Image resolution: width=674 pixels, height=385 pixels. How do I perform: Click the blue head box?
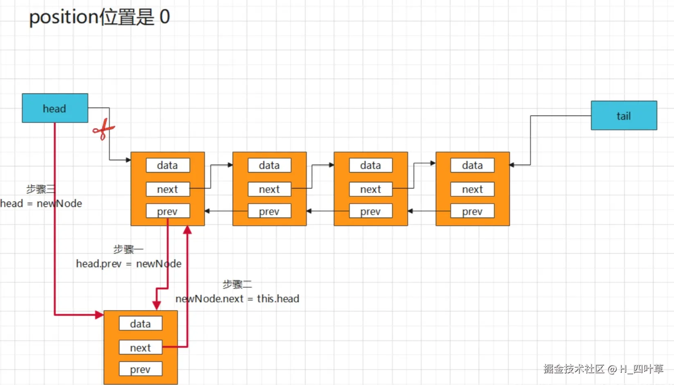point(55,108)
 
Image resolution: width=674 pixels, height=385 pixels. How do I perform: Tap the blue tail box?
point(624,116)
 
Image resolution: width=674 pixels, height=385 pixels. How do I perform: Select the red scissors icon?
point(103,129)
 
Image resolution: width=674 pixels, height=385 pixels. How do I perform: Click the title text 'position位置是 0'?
point(99,17)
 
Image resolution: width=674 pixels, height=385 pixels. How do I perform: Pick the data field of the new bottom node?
point(140,324)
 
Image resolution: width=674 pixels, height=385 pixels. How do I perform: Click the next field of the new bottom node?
point(140,347)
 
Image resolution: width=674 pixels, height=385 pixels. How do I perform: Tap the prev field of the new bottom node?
point(140,369)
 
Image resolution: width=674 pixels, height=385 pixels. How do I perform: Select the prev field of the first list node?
point(167,211)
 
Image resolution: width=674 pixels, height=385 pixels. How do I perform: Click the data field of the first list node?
point(167,165)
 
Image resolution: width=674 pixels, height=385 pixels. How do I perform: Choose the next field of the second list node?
point(269,189)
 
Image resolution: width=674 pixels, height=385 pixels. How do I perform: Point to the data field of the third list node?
point(370,165)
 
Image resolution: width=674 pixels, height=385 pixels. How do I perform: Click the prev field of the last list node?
point(472,211)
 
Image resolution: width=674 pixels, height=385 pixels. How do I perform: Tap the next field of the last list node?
point(472,189)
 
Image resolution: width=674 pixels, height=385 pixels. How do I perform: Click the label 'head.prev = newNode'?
point(128,264)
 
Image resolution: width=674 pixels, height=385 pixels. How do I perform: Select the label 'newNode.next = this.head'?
point(237,299)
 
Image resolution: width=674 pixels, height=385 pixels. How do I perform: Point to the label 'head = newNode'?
point(41,204)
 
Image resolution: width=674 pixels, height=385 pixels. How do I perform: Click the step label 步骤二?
point(237,284)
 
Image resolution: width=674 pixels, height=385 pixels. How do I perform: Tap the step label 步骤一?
point(128,249)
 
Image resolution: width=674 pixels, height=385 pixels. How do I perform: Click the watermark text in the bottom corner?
point(603,369)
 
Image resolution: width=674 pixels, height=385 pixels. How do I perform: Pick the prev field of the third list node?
point(370,211)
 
